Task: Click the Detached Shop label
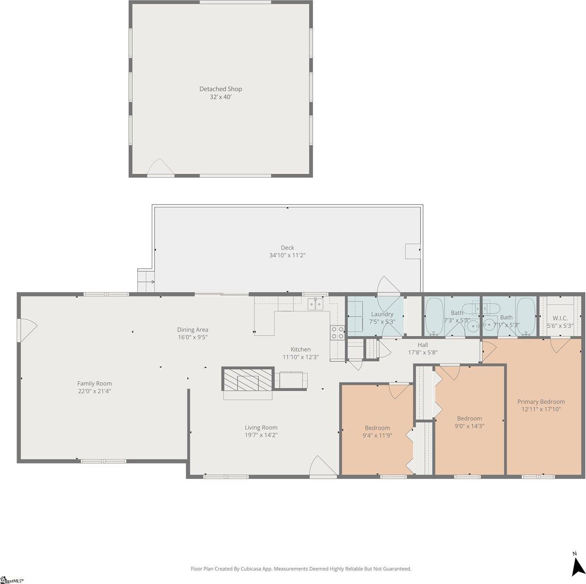[220, 89]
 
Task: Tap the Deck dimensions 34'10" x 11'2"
[287, 255]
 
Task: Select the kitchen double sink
[315, 305]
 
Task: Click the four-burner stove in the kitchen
[337, 332]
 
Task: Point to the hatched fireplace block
[247, 379]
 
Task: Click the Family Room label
[94, 383]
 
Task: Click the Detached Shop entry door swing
[160, 168]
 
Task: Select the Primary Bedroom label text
[541, 402]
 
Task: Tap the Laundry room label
[382, 314]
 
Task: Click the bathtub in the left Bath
[434, 316]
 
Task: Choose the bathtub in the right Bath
[525, 316]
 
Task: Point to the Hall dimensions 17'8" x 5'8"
[422, 352]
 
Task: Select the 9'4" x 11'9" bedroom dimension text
[377, 436]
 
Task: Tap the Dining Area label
[193, 329]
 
